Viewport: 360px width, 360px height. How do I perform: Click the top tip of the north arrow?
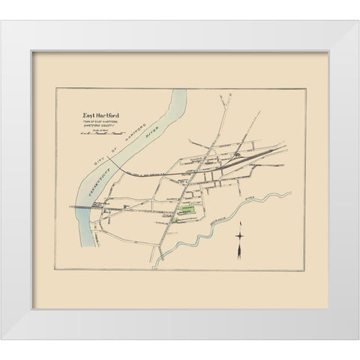(x=240, y=224)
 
